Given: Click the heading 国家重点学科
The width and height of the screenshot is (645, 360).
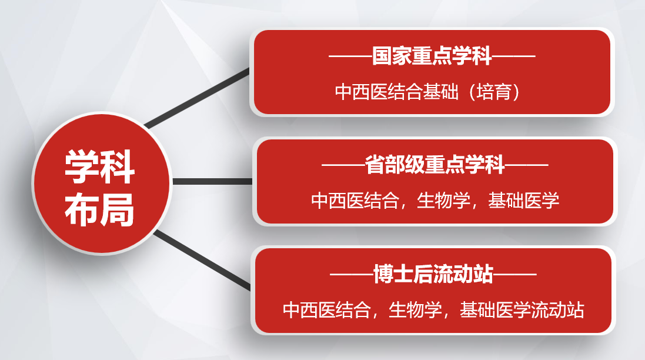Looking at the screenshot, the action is pos(432,56).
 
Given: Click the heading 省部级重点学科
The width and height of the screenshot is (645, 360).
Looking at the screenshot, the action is pos(435,165).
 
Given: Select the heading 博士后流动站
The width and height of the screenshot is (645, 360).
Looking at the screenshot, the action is pos(433,274).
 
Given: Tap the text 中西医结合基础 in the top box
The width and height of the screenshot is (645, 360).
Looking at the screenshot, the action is pos(396,92).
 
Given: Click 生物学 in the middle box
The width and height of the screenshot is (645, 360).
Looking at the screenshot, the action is pos(443,201).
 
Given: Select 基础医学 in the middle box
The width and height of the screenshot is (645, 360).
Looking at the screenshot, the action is pos(524,201).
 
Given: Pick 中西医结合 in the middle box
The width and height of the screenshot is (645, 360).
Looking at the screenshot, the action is pos(355,201).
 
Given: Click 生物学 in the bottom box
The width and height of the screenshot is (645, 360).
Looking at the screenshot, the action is pos(415,310).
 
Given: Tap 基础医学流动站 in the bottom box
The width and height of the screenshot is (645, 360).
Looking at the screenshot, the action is pos(522,310).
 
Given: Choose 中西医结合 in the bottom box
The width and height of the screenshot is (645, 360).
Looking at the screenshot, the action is pos(327,310).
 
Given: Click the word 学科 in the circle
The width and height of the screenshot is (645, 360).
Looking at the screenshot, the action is pos(99,166).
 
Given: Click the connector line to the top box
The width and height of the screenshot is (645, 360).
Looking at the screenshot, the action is pos(197,98).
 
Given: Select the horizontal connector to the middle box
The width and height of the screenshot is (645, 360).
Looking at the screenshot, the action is pos(212,181).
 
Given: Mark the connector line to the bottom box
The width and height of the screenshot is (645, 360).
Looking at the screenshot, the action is pos(202,260).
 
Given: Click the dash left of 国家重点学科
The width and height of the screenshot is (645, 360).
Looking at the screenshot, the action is pos(350,56).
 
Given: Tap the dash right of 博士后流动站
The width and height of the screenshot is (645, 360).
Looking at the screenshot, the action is pos(515,274).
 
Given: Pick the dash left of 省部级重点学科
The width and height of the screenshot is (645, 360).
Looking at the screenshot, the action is pos(343,165).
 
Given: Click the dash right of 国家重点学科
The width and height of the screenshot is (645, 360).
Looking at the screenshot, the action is pos(514,56).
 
